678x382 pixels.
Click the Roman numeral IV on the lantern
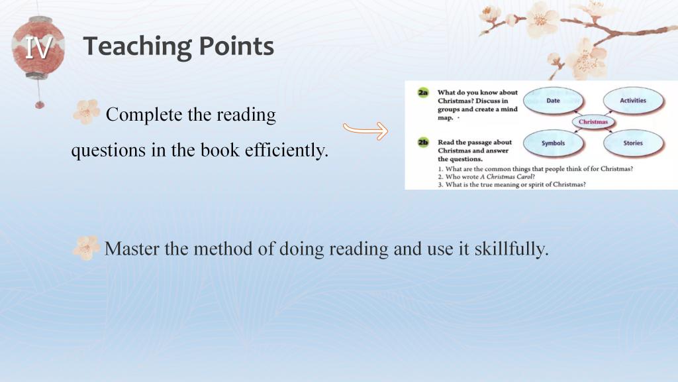click(x=38, y=48)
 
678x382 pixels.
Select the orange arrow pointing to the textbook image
click(x=365, y=131)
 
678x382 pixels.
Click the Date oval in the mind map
click(x=553, y=101)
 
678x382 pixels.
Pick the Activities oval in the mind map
click(x=633, y=101)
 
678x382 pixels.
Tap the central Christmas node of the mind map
click(x=593, y=122)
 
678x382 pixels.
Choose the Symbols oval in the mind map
click(x=553, y=143)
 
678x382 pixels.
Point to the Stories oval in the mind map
click(x=633, y=143)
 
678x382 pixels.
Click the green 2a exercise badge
click(x=423, y=92)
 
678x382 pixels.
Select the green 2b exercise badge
click(x=423, y=142)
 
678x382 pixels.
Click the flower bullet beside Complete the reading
click(x=86, y=111)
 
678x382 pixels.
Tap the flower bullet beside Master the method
click(x=86, y=248)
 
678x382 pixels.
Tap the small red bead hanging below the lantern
click(x=39, y=104)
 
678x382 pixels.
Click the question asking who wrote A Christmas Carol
click(x=487, y=176)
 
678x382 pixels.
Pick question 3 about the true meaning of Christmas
click(x=512, y=184)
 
